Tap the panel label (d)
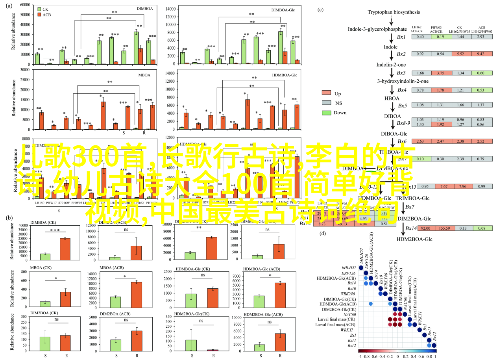(323, 233)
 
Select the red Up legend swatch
(326, 93)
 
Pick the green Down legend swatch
(326, 113)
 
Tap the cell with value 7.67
(443, 186)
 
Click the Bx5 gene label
(402, 105)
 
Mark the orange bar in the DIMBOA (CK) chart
(65, 249)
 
